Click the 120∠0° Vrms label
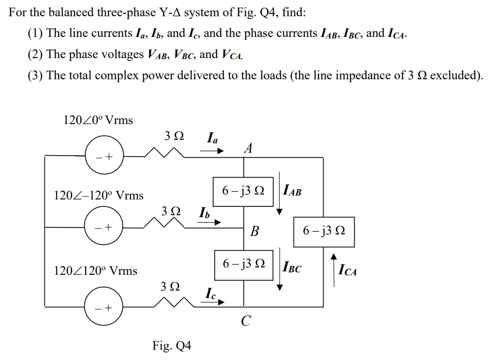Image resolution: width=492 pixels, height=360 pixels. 98,120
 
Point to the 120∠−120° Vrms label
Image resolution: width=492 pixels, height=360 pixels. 98,196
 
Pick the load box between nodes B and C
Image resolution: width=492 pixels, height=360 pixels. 244,264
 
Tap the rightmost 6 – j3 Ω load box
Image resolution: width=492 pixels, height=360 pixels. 324,231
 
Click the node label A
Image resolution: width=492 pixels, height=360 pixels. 248,148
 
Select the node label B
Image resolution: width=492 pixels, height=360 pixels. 254,231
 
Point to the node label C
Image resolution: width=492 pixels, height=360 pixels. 246,322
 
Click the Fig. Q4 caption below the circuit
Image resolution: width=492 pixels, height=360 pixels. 171,346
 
